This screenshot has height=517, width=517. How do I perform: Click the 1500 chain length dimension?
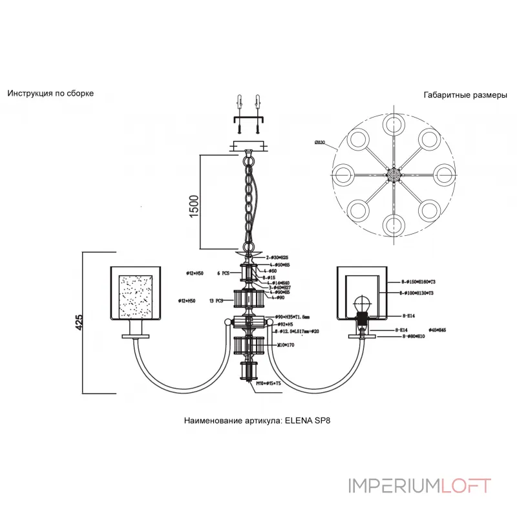(x=195, y=202)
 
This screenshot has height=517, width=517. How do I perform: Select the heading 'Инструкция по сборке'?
(x=50, y=93)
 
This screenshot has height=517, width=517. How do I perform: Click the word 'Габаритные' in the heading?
(x=445, y=94)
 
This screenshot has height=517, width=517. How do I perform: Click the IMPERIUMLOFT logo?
(x=419, y=485)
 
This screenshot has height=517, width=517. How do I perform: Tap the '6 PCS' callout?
(x=222, y=273)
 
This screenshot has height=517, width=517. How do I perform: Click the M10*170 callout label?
(x=286, y=345)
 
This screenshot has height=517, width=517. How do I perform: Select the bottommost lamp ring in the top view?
(x=392, y=224)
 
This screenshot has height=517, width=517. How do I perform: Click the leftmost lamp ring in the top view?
(x=343, y=173)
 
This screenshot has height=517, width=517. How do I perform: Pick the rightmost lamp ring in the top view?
(x=443, y=173)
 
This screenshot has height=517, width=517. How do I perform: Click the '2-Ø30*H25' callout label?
(x=277, y=257)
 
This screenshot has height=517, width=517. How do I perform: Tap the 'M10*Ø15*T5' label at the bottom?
(x=268, y=383)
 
